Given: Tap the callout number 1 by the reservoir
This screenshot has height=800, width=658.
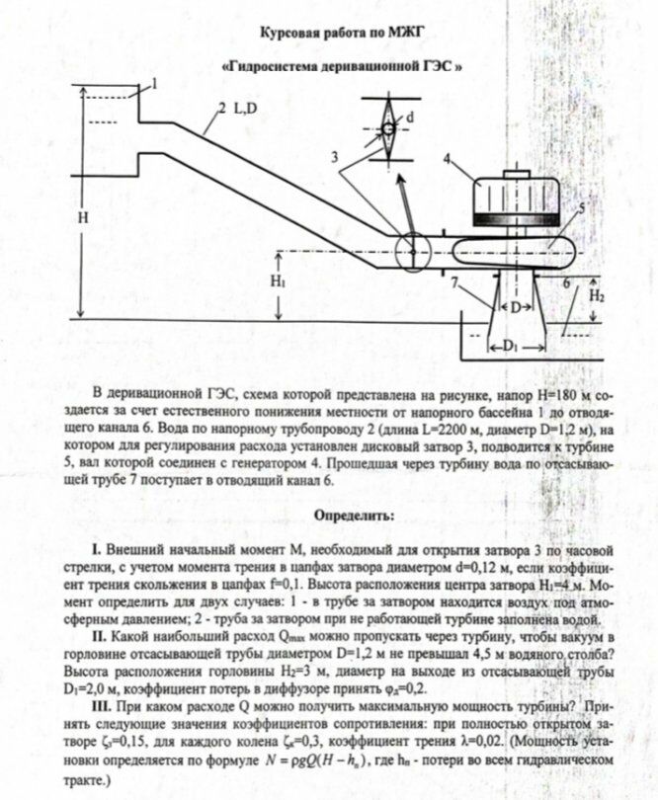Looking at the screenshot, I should pyautogui.click(x=151, y=87).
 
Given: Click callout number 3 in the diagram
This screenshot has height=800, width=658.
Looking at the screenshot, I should pyautogui.click(x=335, y=157).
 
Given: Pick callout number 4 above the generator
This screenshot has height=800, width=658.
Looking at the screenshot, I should pyautogui.click(x=448, y=158).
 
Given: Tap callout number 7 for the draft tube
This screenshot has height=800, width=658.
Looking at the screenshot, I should pyautogui.click(x=452, y=282).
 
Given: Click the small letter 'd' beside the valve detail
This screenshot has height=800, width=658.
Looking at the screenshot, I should pyautogui.click(x=410, y=117).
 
